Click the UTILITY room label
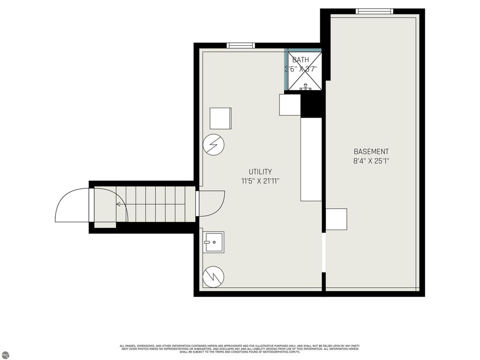[260, 172]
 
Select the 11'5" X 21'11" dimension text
[260, 180]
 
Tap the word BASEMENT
[371, 151]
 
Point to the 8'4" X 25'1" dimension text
[371, 161]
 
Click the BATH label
[300, 60]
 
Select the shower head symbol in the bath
[305, 86]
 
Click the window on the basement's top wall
[374, 11]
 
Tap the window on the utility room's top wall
[240, 45]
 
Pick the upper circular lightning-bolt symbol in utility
[213, 145]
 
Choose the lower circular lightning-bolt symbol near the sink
[213, 276]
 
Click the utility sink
[213, 242]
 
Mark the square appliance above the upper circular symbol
[220, 118]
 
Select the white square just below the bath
[290, 105]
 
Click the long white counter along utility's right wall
[311, 159]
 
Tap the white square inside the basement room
[336, 219]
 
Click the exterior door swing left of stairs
[72, 205]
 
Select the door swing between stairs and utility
[211, 203]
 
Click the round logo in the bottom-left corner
[5, 354]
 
